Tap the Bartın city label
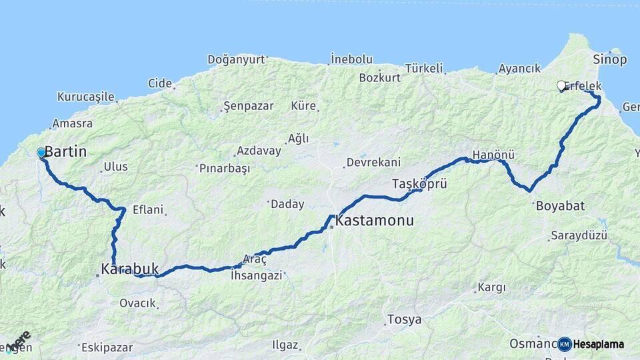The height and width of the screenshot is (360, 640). (65, 152)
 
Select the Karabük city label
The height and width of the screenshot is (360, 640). (130, 269)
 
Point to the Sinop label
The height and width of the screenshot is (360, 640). (609, 60)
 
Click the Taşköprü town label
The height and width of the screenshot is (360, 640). (419, 183)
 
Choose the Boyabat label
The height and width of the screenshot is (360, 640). (560, 206)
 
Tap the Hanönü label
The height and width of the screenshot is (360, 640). (493, 155)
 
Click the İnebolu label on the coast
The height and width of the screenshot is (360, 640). (352, 59)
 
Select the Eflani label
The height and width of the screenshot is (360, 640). (147, 209)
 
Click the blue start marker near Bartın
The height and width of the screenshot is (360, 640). (41, 153)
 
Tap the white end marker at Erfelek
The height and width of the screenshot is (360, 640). (561, 85)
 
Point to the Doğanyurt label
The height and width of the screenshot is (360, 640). (236, 59)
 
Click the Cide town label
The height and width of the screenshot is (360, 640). (160, 83)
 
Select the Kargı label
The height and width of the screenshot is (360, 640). (492, 288)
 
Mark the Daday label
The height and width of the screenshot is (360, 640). (287, 205)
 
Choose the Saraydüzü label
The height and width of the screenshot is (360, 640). (579, 236)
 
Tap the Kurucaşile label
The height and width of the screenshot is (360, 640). (86, 97)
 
